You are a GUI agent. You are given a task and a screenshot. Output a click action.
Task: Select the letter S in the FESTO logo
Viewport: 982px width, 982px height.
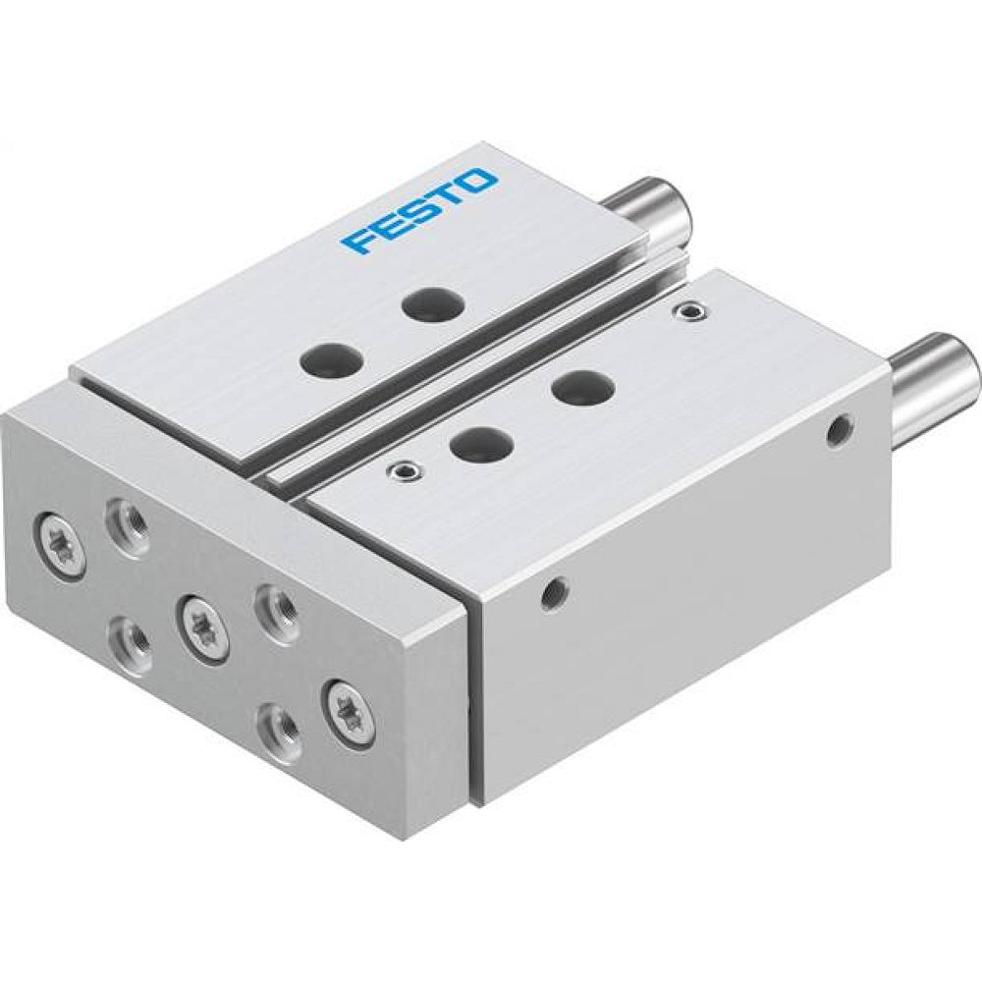(x=417, y=212)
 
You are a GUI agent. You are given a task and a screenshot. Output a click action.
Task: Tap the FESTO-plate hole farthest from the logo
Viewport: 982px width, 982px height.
(x=327, y=359)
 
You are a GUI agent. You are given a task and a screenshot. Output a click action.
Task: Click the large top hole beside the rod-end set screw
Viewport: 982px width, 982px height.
(x=576, y=387)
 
